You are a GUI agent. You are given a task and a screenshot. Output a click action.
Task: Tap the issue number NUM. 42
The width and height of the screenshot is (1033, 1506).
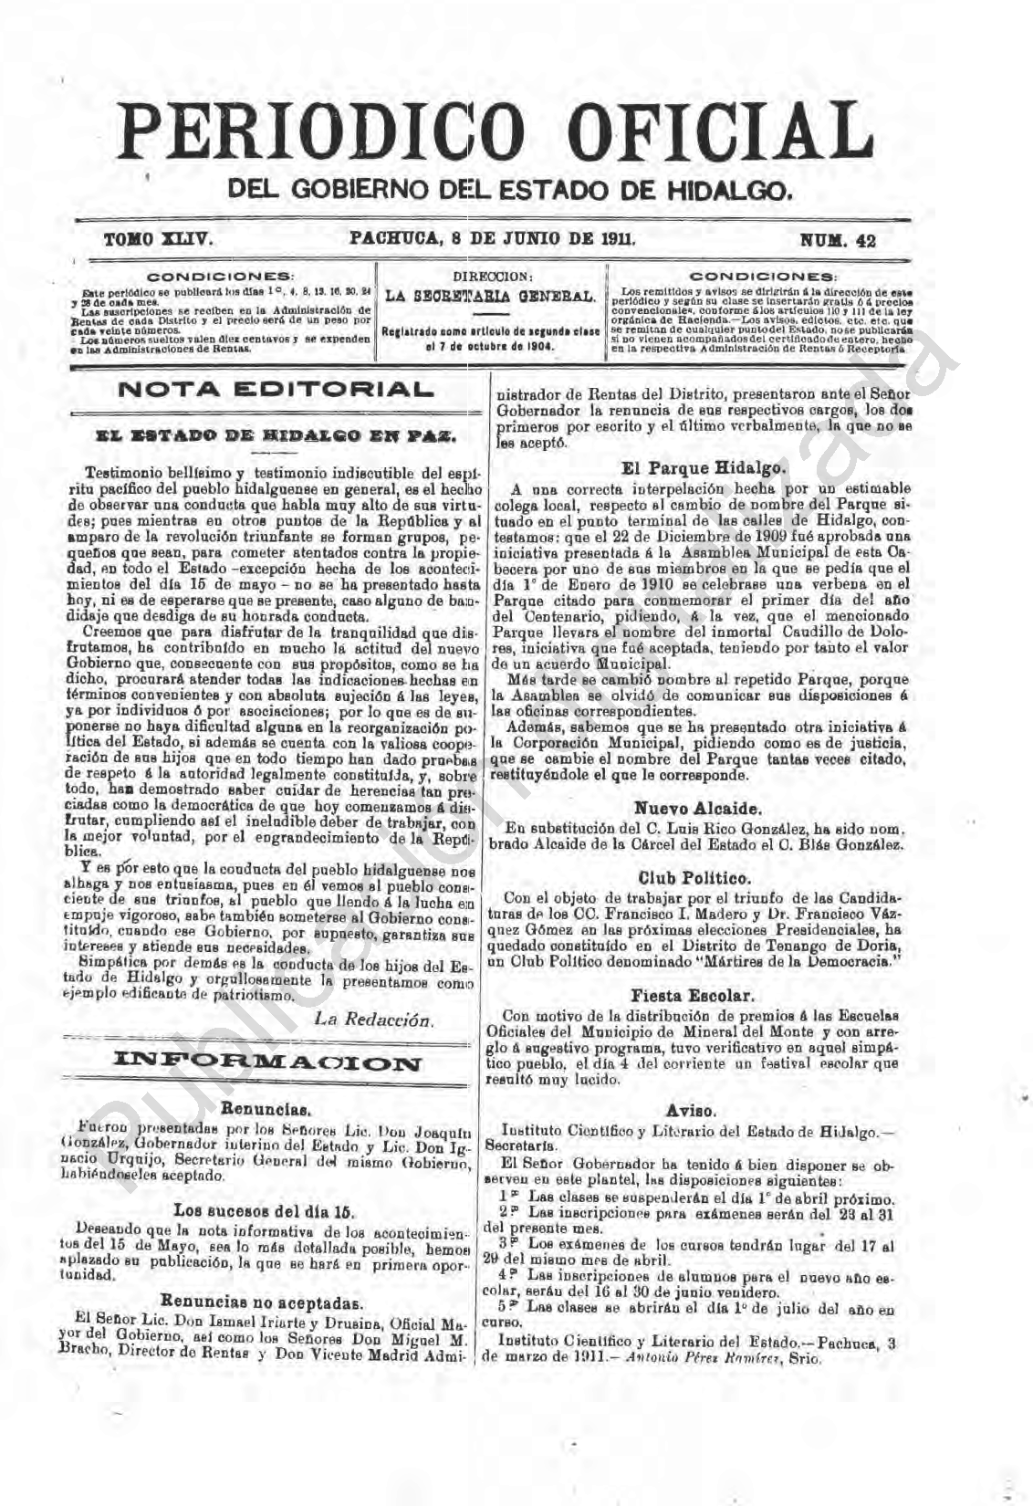pyautogui.click(x=837, y=241)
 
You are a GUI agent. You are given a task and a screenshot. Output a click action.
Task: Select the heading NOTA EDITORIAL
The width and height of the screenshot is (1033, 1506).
pyautogui.click(x=274, y=390)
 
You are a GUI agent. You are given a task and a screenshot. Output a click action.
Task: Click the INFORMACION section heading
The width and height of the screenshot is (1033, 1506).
pyautogui.click(x=266, y=1062)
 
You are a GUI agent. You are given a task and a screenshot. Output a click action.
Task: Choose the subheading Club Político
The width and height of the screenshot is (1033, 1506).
pyautogui.click(x=695, y=878)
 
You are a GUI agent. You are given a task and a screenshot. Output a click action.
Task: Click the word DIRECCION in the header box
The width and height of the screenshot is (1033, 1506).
pyautogui.click(x=491, y=276)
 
